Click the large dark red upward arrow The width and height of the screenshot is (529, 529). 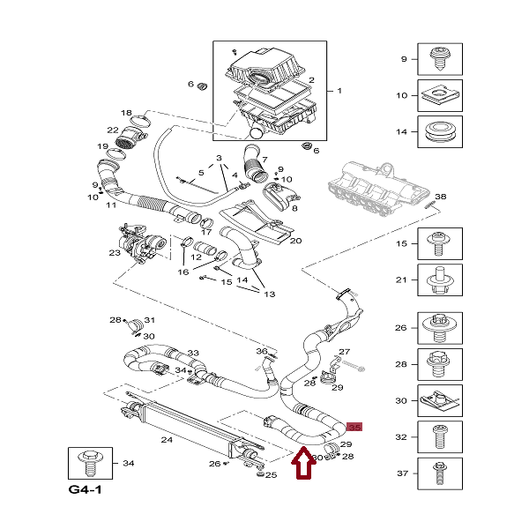click(303, 466)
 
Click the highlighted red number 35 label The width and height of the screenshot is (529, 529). click(354, 428)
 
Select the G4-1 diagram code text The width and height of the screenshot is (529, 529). click(85, 489)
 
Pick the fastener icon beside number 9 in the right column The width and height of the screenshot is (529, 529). click(438, 59)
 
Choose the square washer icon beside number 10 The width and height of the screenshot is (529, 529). click(438, 95)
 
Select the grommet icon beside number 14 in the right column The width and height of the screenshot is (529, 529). click(438, 131)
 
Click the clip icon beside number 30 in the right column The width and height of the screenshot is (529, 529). click(438, 400)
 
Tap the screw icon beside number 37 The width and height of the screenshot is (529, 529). click(438, 473)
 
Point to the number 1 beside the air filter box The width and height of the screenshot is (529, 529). click(339, 91)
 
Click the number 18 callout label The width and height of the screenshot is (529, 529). click(126, 113)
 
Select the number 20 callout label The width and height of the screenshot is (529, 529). click(295, 240)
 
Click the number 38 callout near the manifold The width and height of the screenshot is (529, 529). click(441, 196)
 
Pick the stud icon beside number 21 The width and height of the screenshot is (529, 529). click(438, 279)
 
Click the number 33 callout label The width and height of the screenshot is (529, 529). click(193, 353)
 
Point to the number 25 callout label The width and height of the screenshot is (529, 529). click(272, 475)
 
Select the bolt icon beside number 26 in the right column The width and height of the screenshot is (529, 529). click(438, 328)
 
